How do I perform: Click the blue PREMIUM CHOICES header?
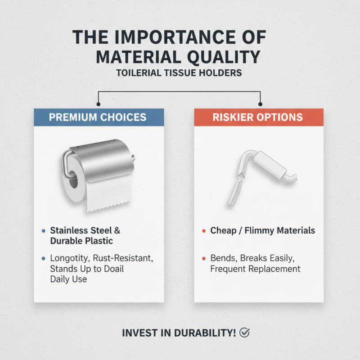coord(98,117)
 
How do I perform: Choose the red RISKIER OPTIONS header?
coord(258,117)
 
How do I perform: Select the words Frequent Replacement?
coord(255,269)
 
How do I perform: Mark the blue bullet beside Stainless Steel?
coord(43,231)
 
